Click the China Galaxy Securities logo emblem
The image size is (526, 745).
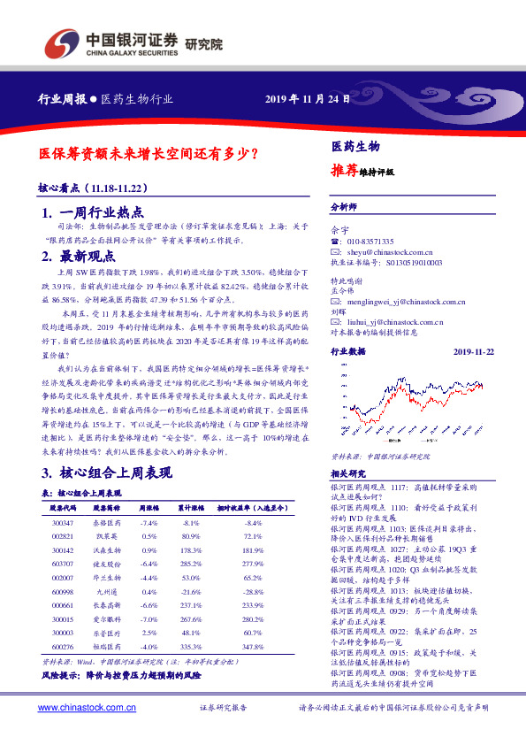[x=62, y=41]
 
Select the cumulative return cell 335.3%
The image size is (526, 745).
[x=190, y=647]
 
